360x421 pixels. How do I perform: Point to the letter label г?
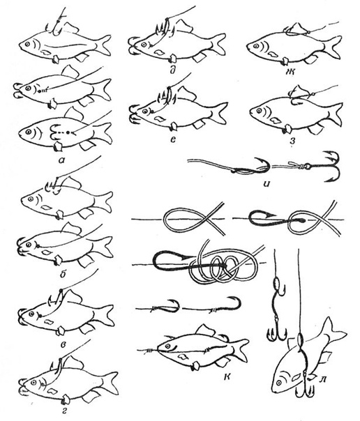(64, 411)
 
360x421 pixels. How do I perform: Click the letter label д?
(173, 70)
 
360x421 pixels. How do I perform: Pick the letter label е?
(173, 139)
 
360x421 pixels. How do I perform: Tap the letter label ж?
(291, 71)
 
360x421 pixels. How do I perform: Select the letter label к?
(227, 377)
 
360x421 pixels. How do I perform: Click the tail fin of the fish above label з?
(335, 114)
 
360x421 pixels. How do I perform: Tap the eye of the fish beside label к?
(168, 346)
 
